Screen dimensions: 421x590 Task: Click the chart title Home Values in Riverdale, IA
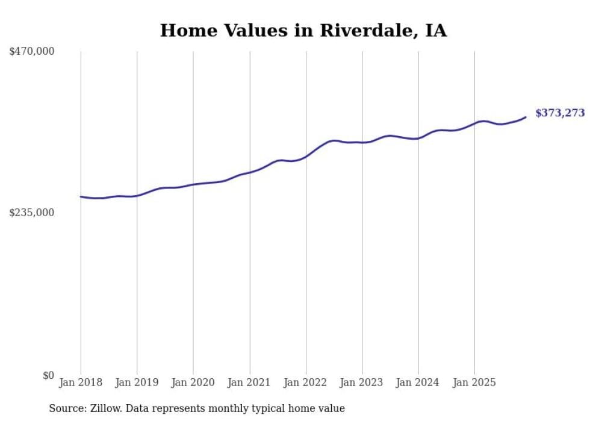[x=303, y=31]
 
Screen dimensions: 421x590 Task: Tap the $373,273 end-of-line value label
[x=560, y=113]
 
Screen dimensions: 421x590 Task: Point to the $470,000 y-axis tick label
[x=31, y=52]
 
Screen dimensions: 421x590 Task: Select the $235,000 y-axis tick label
[x=31, y=213]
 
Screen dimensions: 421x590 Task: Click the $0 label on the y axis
[x=48, y=375]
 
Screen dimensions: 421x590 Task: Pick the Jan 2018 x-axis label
[x=81, y=382]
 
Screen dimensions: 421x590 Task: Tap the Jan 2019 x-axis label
[x=137, y=382]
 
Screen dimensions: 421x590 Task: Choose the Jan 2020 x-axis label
[x=193, y=382]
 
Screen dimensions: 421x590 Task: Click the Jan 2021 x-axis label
[x=249, y=382]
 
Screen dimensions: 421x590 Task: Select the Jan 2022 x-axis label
[x=306, y=382]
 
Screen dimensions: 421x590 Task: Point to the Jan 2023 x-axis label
[x=362, y=382]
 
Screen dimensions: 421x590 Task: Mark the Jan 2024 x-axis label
[x=418, y=382]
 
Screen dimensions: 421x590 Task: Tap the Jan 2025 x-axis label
[x=474, y=382]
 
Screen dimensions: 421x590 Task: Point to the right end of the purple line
[x=526, y=117]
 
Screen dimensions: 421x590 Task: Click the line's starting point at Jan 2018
[x=81, y=196]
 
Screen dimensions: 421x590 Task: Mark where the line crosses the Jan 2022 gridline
[x=306, y=157]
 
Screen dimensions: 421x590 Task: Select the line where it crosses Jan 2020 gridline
[x=193, y=184]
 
